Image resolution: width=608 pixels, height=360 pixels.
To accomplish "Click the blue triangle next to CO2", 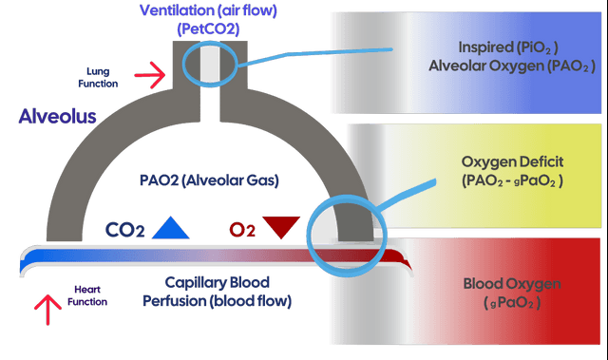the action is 171,228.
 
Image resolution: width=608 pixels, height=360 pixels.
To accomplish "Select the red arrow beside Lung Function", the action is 150,75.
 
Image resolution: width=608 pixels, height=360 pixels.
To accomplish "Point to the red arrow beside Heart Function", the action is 47,310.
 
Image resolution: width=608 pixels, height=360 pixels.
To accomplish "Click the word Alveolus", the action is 57,116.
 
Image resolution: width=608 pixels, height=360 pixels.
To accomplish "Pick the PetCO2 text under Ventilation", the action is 208,29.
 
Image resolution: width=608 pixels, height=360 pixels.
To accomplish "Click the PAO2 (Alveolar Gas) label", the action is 209,180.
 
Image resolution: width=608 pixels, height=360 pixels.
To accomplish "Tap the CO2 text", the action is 124,230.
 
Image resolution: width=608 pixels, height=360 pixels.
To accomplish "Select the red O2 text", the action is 242,230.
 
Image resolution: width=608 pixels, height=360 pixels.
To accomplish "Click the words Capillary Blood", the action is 218,282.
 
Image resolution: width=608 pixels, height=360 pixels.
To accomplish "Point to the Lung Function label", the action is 98,78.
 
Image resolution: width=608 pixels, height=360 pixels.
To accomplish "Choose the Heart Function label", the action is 87,295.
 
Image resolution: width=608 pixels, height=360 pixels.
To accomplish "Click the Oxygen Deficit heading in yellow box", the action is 512,161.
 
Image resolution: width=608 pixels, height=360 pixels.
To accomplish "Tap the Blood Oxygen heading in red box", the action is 512,284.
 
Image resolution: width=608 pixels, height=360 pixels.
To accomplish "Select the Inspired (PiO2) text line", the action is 508,47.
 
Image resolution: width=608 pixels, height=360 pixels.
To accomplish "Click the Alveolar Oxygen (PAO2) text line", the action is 511,66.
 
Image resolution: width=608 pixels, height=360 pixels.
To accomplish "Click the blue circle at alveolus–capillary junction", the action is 308,236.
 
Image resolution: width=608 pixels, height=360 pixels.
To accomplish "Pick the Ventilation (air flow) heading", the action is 208,10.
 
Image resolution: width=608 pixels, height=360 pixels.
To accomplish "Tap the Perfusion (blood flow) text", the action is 218,301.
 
